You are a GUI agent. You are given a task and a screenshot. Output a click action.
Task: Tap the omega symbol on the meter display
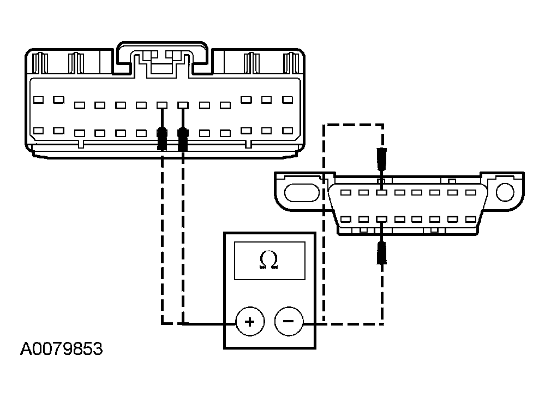pos(268,261)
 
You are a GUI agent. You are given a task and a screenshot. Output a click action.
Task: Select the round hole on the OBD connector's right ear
pos(505,192)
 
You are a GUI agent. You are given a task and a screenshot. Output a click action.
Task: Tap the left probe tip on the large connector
pos(162,139)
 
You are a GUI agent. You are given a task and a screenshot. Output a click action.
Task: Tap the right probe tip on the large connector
pos(183,139)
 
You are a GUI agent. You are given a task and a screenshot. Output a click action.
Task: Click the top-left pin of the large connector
pos(38,100)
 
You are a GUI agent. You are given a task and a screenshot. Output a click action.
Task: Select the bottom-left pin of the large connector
pos(38,131)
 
